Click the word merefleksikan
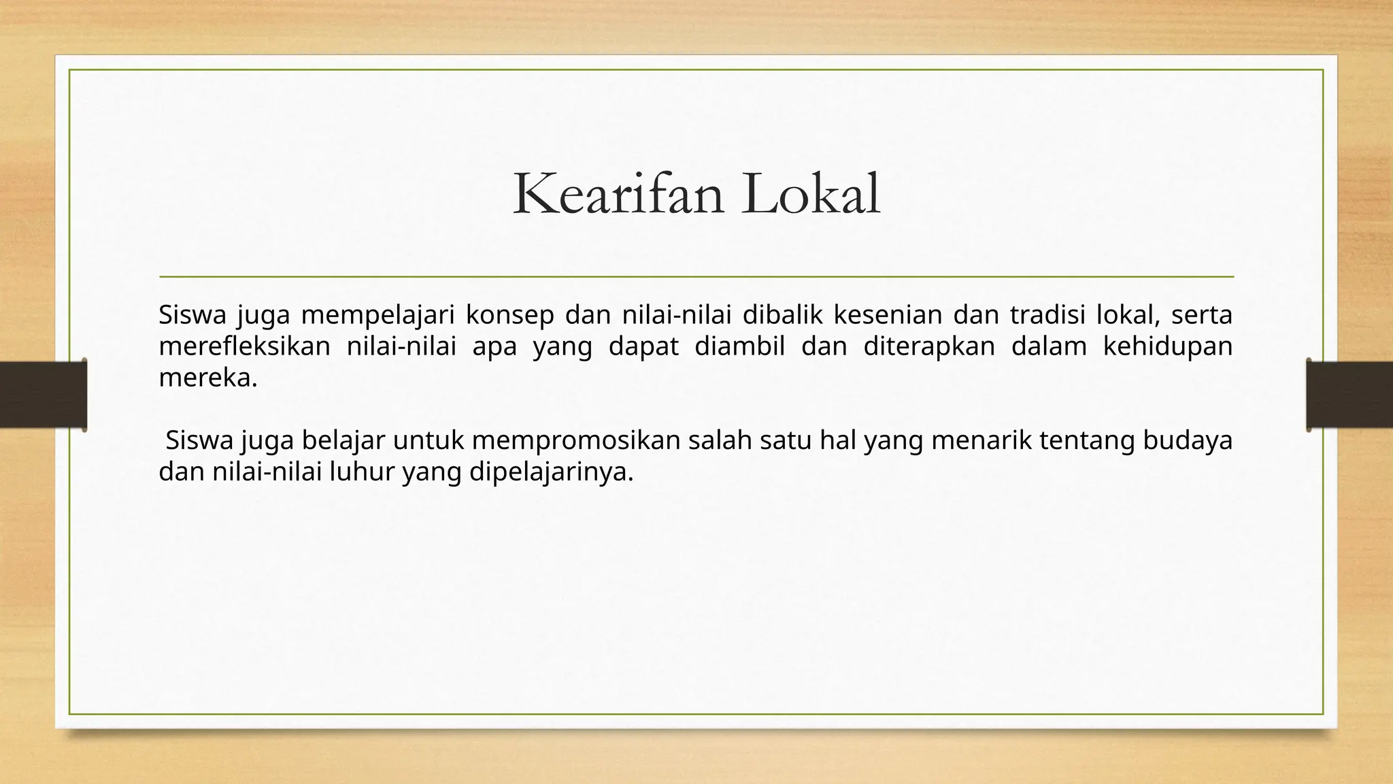click(244, 346)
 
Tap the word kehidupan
click(1167, 346)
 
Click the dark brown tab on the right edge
click(1349, 395)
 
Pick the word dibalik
click(782, 315)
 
